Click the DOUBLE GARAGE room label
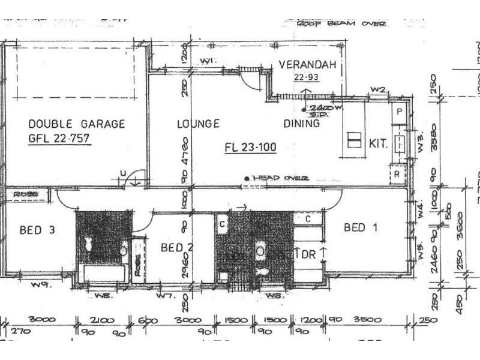[77, 124]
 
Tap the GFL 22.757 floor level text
[77, 140]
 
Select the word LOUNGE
[198, 124]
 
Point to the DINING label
[301, 124]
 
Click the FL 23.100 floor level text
[250, 146]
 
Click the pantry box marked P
[399, 112]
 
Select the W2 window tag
[377, 89]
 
